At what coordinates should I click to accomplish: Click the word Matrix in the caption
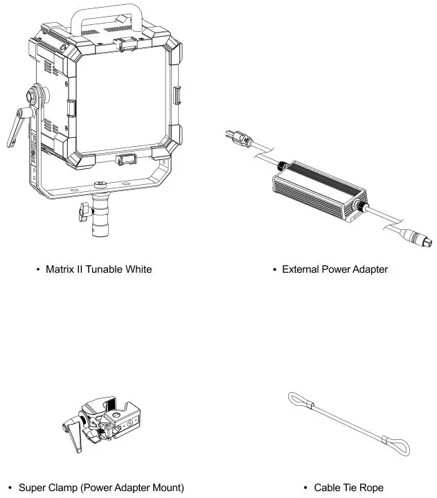pos(60,269)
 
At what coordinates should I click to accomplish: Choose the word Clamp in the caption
pos(64,488)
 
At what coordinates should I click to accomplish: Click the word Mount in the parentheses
pos(166,488)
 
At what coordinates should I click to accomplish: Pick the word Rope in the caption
pos(370,488)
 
